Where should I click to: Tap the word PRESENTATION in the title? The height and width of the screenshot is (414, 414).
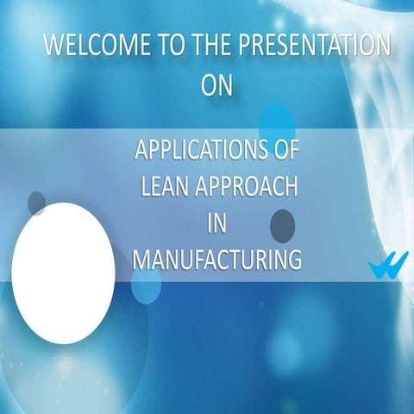coord(319,46)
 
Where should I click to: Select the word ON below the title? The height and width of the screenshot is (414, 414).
coord(216,85)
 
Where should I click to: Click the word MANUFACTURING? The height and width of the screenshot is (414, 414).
coord(216,259)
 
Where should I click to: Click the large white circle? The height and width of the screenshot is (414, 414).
coord(62,273)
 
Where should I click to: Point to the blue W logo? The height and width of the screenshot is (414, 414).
coord(382,267)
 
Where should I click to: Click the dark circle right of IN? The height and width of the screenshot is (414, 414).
coord(282,225)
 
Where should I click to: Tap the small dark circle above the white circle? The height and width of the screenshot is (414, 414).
coord(36,204)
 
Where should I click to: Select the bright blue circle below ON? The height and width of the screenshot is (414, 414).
coord(277,122)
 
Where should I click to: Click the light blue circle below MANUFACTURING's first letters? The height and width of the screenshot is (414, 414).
coord(147,286)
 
